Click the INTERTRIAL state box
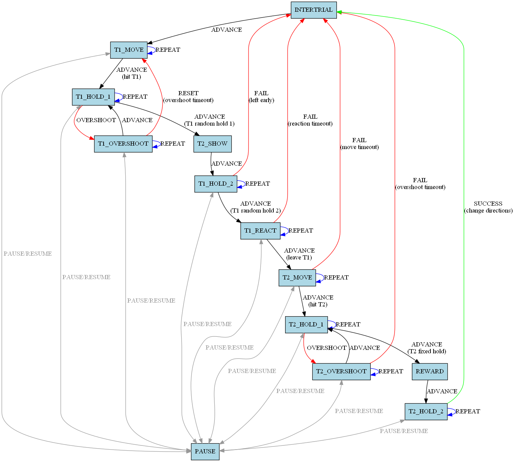313,10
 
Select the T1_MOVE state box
129,50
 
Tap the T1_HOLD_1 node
93,97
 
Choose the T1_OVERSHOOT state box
123,144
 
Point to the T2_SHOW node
212,144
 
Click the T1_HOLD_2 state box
216,184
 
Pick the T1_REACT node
260,231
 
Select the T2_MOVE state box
297,278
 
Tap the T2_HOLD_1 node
306,325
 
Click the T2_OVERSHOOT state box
341,372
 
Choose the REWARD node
430,372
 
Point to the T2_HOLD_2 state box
426,412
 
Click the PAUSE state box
205,452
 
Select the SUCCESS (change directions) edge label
488,207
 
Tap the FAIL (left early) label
261,97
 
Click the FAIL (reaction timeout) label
310,120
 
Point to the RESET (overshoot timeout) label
188,97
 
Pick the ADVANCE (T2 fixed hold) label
427,348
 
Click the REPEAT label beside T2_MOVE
336,278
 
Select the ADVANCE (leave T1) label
299,254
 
